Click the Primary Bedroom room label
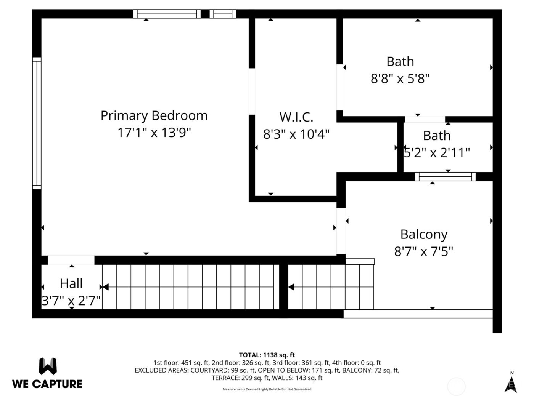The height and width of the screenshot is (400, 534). tap(154, 115)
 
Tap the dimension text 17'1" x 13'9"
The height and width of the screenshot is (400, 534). tap(154, 133)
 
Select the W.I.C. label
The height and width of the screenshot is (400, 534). tap(296, 117)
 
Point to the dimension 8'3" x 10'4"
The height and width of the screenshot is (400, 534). tap(296, 134)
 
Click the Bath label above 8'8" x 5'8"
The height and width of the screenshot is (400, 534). tap(400, 61)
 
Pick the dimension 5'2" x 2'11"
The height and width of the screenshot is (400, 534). tap(437, 153)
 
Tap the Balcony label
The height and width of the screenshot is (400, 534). tap(424, 234)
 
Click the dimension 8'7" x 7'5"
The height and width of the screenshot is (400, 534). tap(424, 251)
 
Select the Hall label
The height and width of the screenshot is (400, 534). tap(71, 283)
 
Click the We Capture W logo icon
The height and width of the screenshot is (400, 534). tap(48, 366)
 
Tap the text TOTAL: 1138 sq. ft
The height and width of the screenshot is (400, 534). tap(267, 355)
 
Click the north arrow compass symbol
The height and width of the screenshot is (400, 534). tap(511, 384)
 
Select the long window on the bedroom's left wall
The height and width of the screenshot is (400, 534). tap(37, 123)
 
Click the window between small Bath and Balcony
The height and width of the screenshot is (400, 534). tap(445, 176)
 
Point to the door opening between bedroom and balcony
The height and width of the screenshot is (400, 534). tap(341, 231)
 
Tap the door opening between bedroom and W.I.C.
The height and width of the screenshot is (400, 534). tap(252, 91)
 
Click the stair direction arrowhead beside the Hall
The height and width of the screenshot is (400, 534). tap(105, 287)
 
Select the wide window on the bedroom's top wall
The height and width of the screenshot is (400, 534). tap(167, 14)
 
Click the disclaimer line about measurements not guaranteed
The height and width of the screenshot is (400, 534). tap(267, 389)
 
